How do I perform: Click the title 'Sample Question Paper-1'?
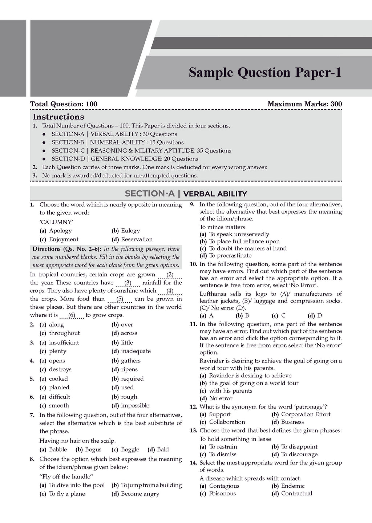[265, 73]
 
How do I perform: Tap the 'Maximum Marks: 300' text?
[304, 104]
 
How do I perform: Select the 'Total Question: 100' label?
[64, 104]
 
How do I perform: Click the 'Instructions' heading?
[58, 117]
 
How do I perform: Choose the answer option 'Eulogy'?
[130, 231]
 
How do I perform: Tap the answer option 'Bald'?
[162, 450]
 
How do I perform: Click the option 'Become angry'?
[140, 494]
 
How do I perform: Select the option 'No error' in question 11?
[221, 398]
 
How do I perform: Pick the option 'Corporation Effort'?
[306, 414]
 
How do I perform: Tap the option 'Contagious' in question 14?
[224, 486]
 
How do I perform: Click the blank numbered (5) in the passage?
[120, 299]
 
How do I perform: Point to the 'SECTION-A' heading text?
[150, 194]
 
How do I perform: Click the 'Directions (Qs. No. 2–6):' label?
[67, 249]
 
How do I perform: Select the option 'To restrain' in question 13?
[223, 447]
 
